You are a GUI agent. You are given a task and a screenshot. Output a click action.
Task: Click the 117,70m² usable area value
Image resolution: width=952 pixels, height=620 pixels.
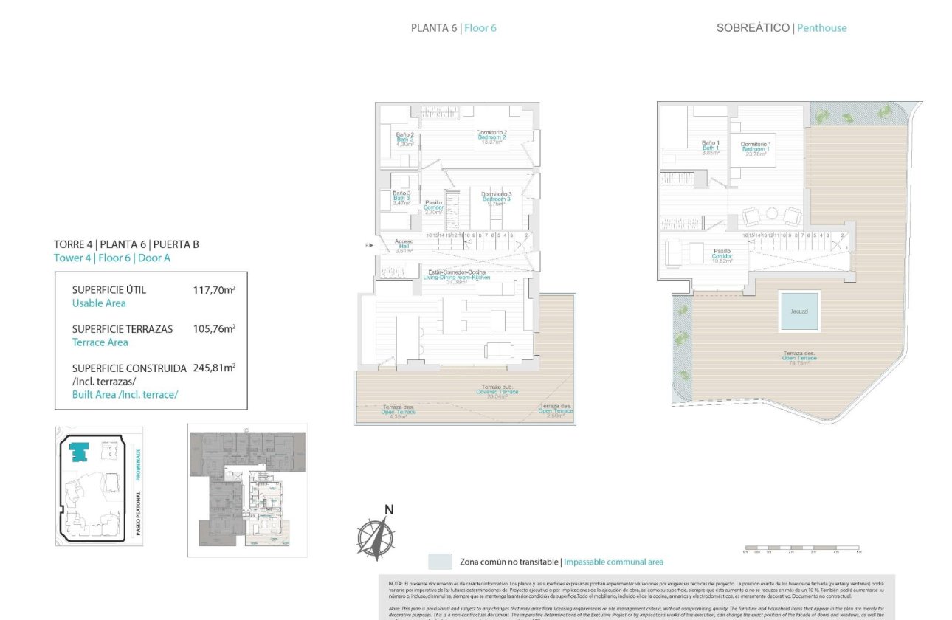tap(213, 290)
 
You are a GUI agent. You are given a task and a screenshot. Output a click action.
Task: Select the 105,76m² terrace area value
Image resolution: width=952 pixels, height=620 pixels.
tap(213, 329)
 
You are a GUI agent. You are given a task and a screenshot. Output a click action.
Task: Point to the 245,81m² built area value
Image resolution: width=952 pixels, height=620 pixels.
tap(213, 368)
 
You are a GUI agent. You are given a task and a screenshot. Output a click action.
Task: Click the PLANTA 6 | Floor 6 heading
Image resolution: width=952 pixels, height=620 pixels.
tap(453, 28)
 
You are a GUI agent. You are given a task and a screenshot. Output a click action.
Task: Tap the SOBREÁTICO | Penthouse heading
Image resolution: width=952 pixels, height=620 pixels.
tap(781, 28)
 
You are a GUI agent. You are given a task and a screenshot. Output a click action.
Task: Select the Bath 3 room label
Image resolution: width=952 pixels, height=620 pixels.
tap(401, 197)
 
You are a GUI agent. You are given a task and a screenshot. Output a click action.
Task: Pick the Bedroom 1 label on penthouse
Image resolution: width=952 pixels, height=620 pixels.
tap(756, 149)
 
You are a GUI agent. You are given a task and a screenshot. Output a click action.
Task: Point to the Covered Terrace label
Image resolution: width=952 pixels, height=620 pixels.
tap(497, 391)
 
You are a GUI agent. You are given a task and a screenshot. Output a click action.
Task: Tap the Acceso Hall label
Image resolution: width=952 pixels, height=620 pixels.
tap(404, 246)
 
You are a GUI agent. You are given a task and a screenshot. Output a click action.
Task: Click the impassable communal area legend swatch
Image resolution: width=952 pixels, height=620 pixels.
tap(440, 562)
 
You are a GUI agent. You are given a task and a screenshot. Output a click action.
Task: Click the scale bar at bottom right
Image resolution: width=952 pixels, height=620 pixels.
tap(801, 550)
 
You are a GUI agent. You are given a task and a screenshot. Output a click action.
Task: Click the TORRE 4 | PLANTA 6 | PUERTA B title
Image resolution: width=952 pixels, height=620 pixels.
tap(126, 244)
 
